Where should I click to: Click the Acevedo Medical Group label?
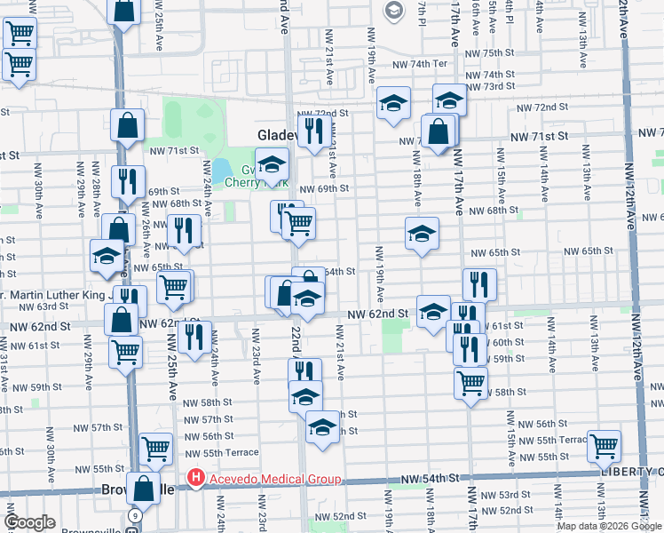274,480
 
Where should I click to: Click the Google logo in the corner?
29,521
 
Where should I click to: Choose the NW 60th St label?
507,342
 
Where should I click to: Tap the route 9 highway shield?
134,515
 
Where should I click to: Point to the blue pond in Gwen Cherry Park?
221,169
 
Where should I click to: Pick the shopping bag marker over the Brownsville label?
143,488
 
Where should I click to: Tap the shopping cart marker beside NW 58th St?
470,383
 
